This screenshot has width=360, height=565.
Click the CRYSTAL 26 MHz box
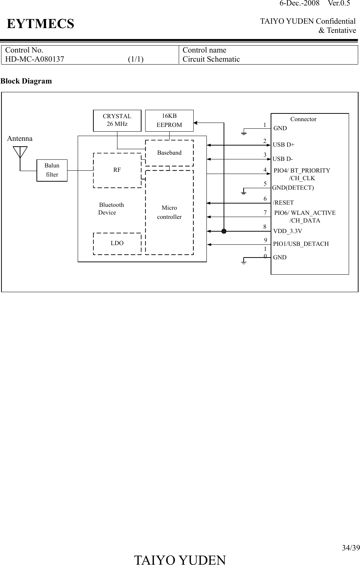pos(117,120)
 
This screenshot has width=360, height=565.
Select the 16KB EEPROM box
pos(169,120)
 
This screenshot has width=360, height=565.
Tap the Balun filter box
pos(52,170)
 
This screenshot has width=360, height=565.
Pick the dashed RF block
pos(117,170)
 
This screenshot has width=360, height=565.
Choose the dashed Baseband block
pos(169,153)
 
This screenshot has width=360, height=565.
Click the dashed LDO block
pos(117,243)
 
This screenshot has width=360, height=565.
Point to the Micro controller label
pos(169,212)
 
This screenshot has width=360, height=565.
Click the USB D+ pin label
pos(283,144)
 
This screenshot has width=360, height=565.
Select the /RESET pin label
pos(283,202)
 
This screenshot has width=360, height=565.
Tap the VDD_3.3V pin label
pos(287,231)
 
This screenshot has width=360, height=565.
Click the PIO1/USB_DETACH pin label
pos(301,244)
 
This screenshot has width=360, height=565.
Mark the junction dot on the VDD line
pos(224,231)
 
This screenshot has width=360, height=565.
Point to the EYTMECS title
pos(40,24)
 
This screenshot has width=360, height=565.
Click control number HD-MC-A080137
pos(35,59)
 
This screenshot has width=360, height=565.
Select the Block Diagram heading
pos(26,81)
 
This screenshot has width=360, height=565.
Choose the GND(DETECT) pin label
pos(293,188)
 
